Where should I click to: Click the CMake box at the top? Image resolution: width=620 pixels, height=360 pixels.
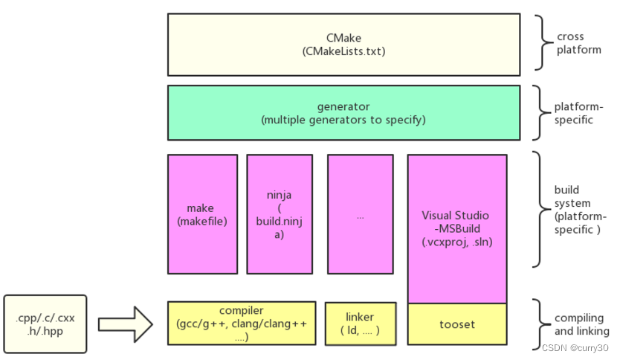coord(343,44)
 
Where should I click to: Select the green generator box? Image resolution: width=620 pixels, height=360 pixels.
coord(343,112)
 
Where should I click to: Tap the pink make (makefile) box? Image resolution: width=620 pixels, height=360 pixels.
coord(202,214)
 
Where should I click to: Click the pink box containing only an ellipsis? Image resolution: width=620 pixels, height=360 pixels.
coord(360,214)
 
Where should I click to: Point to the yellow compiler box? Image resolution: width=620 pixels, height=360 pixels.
coord(242,323)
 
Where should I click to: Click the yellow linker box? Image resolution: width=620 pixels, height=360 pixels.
coord(361,323)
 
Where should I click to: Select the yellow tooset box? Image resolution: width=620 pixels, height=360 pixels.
coord(456,324)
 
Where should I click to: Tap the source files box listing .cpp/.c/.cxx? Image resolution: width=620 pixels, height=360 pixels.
coord(45,324)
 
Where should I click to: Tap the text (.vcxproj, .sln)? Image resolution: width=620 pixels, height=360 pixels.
coord(456,242)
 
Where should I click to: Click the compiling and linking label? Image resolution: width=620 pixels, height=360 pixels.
coord(581,324)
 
